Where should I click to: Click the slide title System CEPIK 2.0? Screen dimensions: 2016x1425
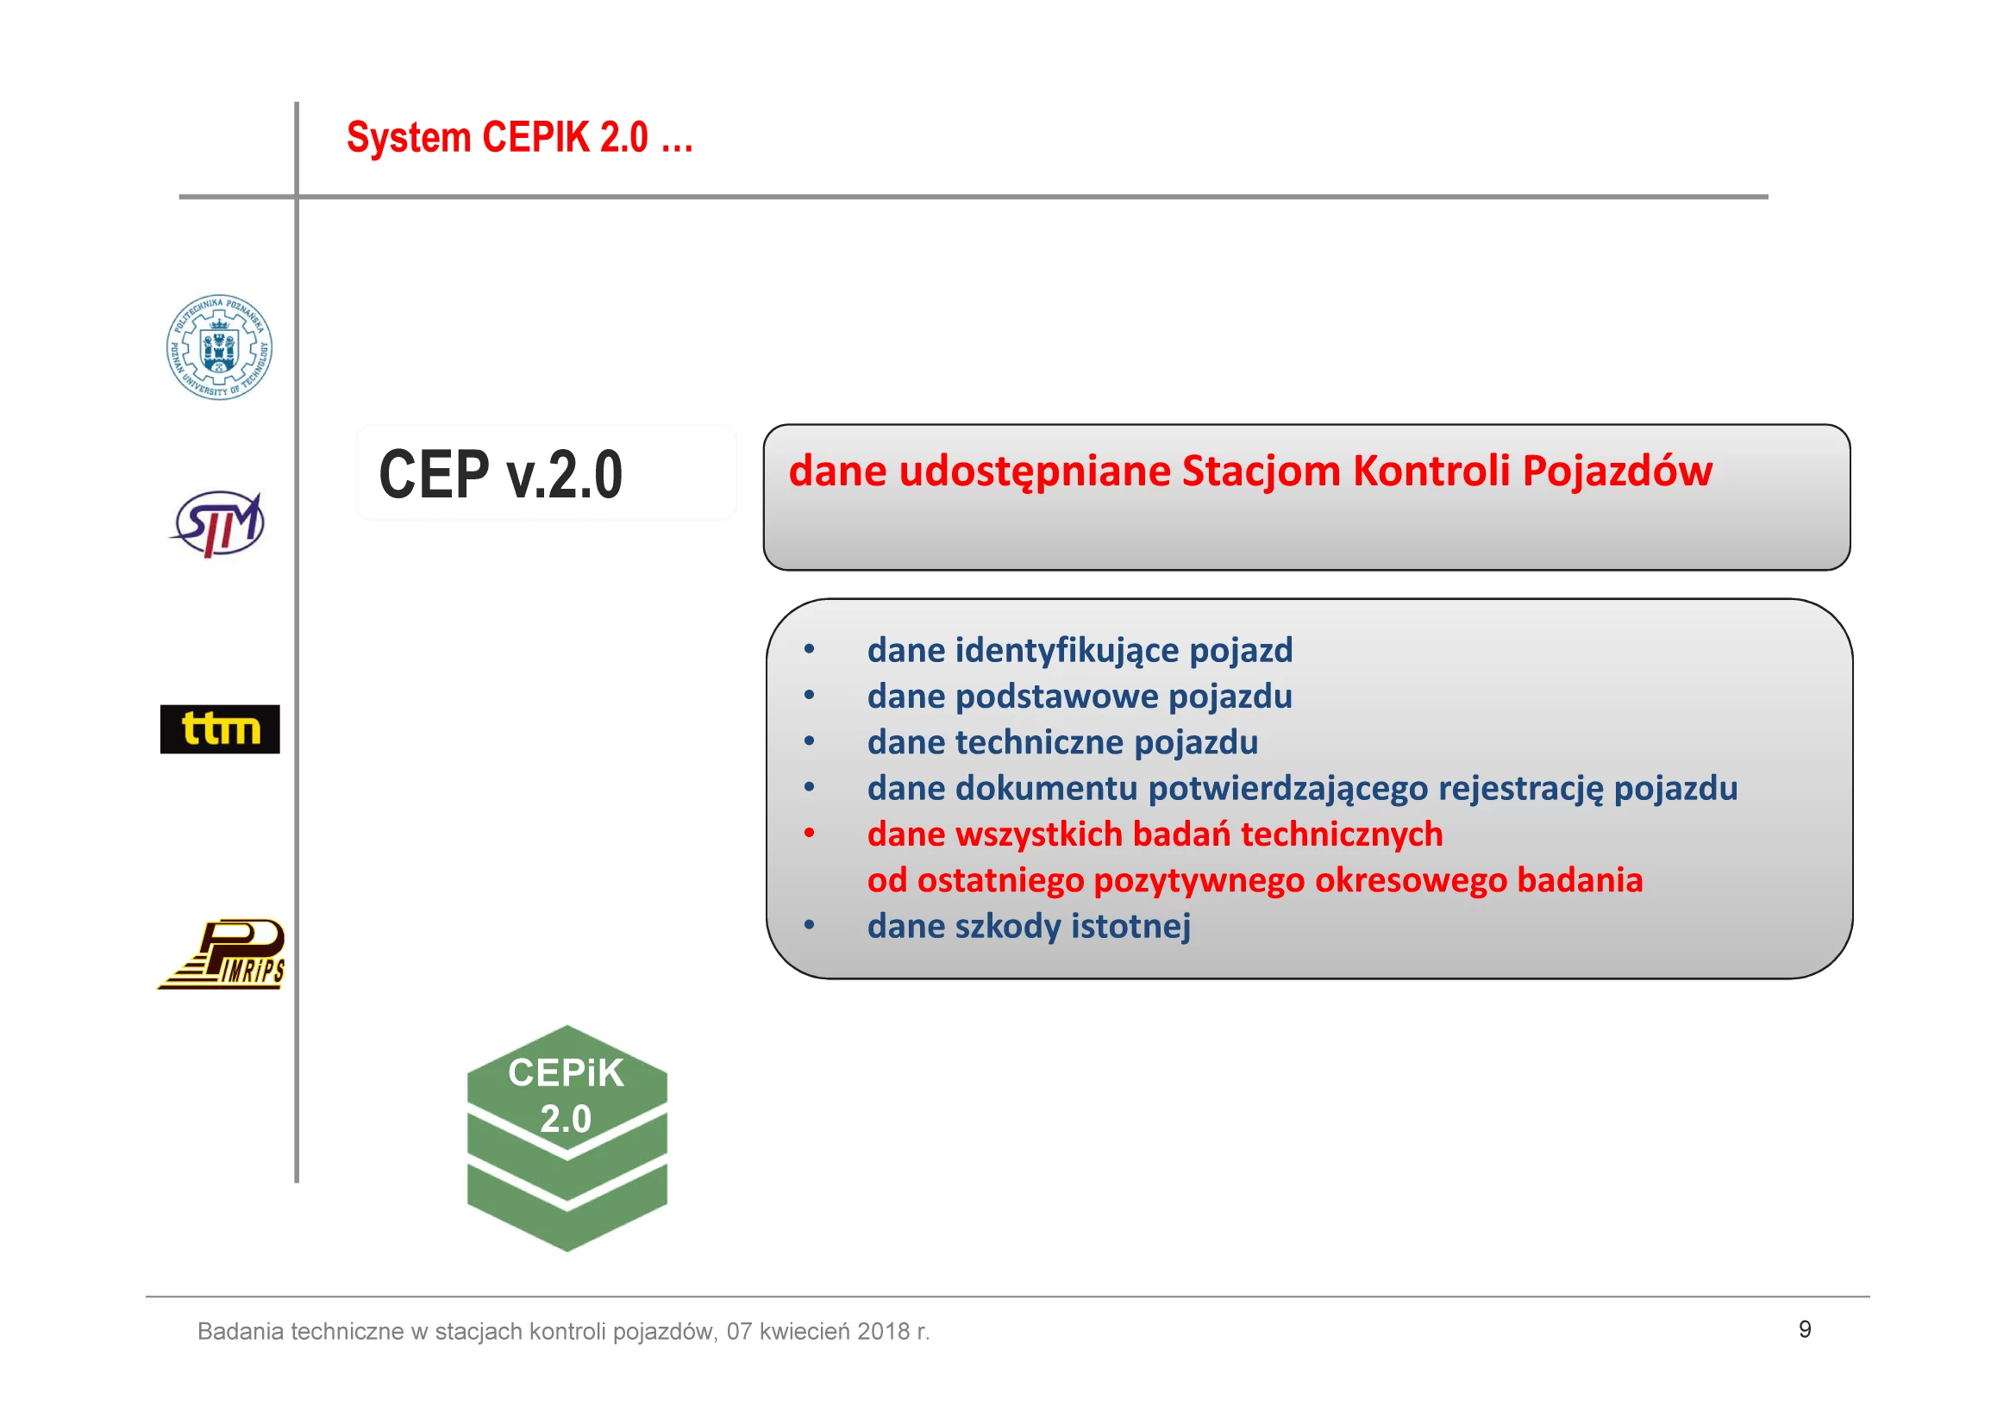pos(520,138)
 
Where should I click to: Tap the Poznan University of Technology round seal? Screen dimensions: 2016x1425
pos(220,347)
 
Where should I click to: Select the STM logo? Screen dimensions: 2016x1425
pos(218,524)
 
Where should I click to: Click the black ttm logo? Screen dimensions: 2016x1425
pos(221,729)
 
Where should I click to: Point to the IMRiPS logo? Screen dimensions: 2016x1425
pos(222,954)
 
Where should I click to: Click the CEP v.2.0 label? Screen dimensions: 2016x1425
pos(500,474)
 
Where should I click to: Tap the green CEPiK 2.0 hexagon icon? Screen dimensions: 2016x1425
pos(567,1139)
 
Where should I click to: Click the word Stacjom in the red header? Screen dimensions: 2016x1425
pos(1261,471)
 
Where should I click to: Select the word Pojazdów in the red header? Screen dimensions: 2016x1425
pos(1618,471)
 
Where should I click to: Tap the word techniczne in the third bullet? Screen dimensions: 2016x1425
pos(1040,743)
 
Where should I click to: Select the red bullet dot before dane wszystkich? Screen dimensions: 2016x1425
pos(810,833)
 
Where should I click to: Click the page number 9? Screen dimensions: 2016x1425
pos(1806,1329)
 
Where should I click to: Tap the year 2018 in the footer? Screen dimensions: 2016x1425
pos(883,1332)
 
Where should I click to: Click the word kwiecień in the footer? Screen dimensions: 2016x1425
pos(805,1332)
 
